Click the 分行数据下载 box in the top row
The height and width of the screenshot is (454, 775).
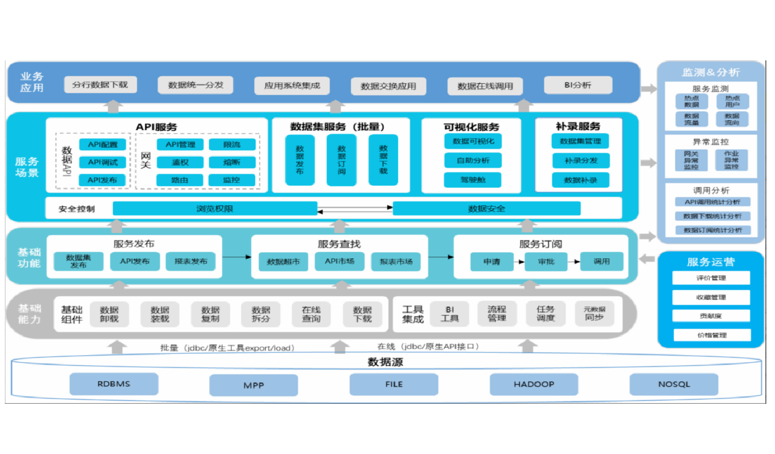click(100, 85)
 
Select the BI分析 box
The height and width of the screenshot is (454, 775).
click(578, 85)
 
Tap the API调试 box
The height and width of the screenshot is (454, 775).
click(102, 162)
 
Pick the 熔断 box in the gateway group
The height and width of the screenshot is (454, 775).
click(232, 162)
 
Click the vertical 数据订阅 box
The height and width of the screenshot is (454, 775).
click(341, 160)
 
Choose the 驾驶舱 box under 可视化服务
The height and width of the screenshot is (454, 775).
click(473, 180)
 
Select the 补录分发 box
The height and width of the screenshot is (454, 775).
click(581, 160)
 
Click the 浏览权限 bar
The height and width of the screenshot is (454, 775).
click(215, 209)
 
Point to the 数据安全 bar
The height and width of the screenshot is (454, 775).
click(486, 209)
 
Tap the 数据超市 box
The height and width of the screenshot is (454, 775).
click(283, 262)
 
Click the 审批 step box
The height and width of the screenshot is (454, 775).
click(546, 262)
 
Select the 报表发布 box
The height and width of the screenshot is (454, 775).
click(191, 261)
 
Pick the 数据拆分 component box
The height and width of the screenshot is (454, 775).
click(261, 314)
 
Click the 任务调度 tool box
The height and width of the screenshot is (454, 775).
click(546, 314)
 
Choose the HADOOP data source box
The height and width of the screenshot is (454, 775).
click(534, 384)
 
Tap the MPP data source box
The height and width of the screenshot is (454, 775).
click(254, 385)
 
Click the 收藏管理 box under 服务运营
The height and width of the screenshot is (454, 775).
click(711, 298)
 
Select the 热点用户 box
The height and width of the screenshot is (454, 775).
click(732, 101)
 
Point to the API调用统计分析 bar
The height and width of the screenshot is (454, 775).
click(713, 202)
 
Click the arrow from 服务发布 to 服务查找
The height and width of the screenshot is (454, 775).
click(237, 257)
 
